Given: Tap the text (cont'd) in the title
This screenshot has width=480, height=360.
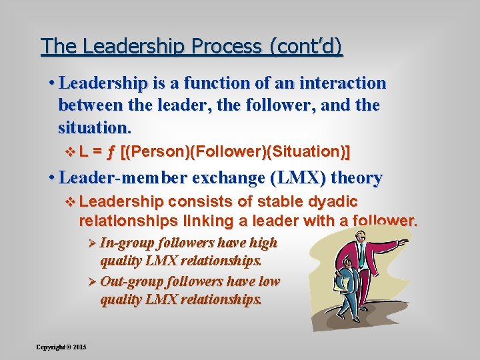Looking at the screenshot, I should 306,46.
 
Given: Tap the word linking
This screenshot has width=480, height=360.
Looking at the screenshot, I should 208,221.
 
